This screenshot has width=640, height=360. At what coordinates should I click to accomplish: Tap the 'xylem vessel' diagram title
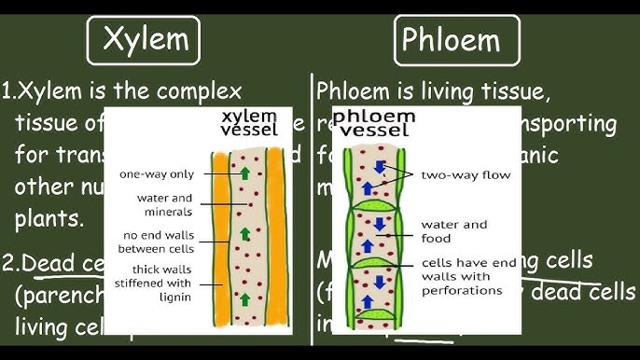pyautogui.click(x=249, y=123)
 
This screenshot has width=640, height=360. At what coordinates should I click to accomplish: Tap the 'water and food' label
pyautogui.click(x=454, y=230)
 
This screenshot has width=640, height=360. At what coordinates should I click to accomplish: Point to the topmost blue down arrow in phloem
pyautogui.click(x=380, y=166)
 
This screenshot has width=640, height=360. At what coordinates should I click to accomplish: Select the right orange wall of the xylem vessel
pyautogui.click(x=273, y=233)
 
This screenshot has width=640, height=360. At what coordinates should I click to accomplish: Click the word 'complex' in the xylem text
pyautogui.click(x=198, y=92)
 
